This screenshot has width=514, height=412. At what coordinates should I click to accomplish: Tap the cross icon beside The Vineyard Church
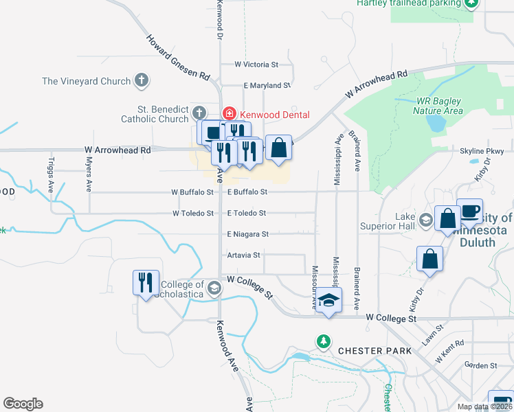pyautogui.click(x=142, y=81)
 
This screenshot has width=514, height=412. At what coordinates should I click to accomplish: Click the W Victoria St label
pyautogui.click(x=256, y=65)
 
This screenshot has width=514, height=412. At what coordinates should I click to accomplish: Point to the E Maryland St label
pyautogui.click(x=267, y=86)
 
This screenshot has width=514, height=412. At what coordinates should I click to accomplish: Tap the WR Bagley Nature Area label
pyautogui.click(x=439, y=105)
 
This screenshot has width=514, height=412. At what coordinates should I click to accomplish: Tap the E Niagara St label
pyautogui.click(x=247, y=234)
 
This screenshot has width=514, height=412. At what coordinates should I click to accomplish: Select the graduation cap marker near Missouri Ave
pyautogui.click(x=329, y=301)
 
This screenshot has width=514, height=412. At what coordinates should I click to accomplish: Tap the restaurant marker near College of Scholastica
pyautogui.click(x=145, y=282)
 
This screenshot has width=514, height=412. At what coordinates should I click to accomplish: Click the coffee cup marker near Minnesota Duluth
pyautogui.click(x=469, y=211)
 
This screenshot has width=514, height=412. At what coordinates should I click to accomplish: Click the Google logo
pyautogui.click(x=23, y=404)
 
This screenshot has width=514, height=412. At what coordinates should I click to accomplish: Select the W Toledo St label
pyautogui.click(x=193, y=214)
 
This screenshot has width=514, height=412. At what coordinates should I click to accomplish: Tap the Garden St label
pyautogui.click(x=480, y=366)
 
